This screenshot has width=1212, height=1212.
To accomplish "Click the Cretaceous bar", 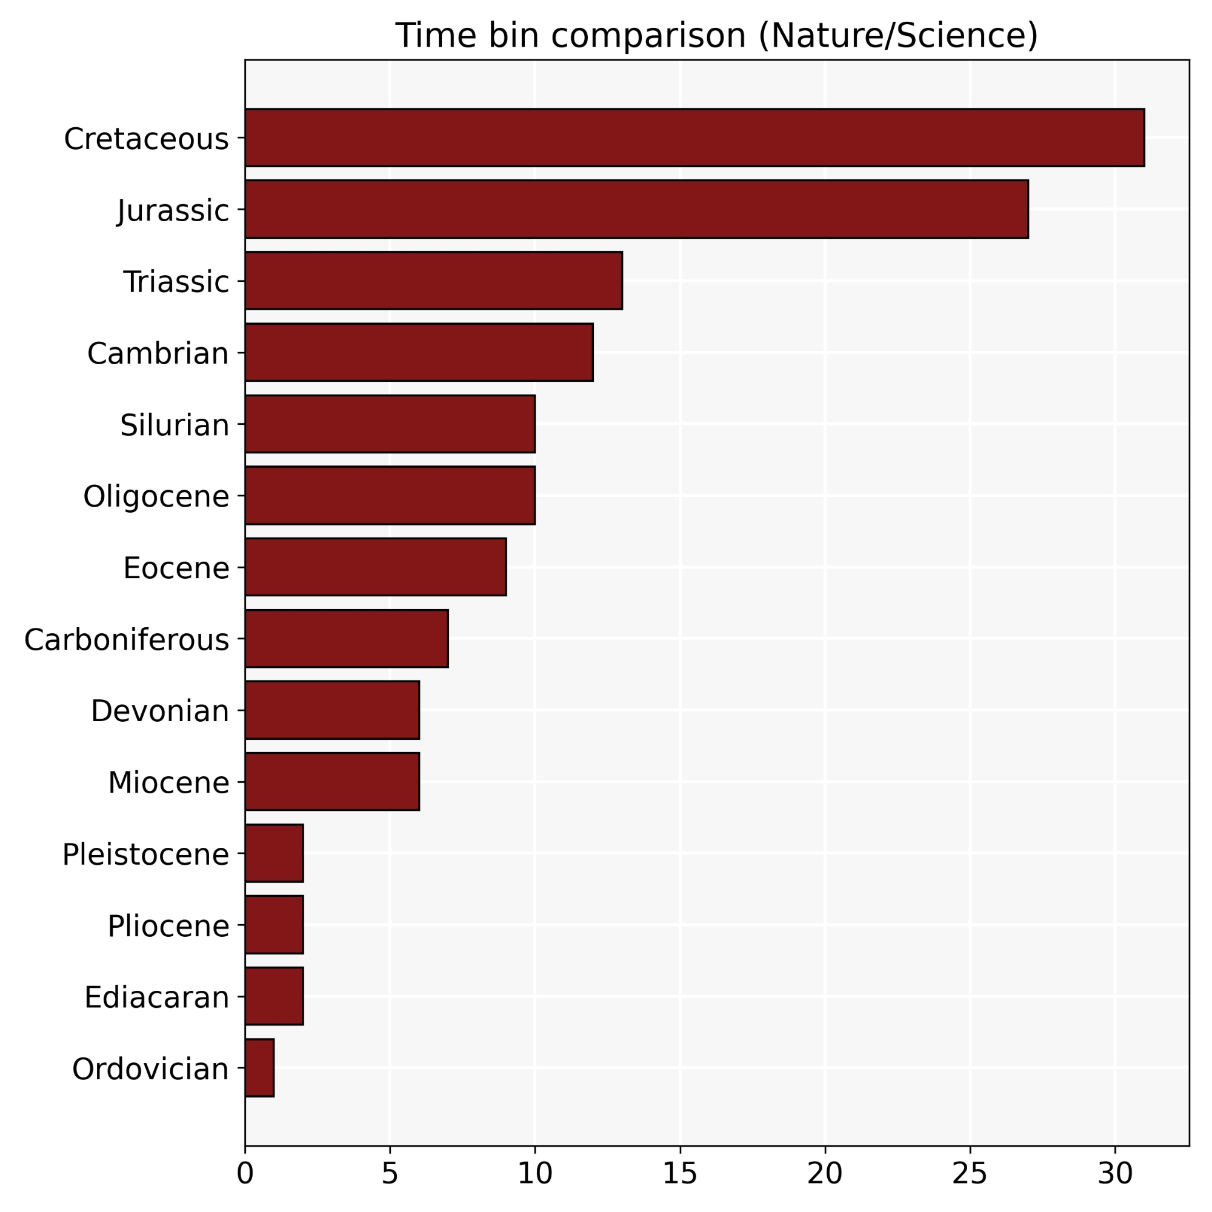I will (694, 138).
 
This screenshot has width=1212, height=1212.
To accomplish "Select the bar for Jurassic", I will (636, 209).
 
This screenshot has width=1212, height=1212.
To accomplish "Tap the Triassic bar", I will (433, 281).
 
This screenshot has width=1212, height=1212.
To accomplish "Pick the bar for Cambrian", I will (419, 352).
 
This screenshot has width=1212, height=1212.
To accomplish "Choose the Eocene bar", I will (375, 567).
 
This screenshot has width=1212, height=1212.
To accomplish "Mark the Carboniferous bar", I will (346, 638).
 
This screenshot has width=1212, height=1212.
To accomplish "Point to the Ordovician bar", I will (259, 1068).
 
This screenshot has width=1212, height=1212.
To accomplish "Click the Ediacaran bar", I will (274, 996).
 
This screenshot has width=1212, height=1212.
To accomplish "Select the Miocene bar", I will (332, 781).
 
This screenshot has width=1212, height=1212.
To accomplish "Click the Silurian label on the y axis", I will (175, 425).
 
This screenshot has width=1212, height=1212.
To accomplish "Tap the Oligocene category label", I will (156, 496).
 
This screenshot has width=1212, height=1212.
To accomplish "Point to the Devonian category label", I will (160, 711).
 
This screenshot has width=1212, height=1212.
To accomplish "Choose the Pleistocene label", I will (145, 854).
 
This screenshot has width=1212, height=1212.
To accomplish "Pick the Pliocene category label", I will (168, 925).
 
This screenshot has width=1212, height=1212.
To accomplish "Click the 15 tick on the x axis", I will (680, 1173).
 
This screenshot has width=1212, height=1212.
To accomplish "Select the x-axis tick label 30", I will (1115, 1173).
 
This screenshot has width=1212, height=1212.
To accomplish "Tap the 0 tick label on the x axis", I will (245, 1173).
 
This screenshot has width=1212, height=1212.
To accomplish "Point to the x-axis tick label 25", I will (970, 1173).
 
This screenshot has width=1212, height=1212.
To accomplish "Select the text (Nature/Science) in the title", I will (897, 35).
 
